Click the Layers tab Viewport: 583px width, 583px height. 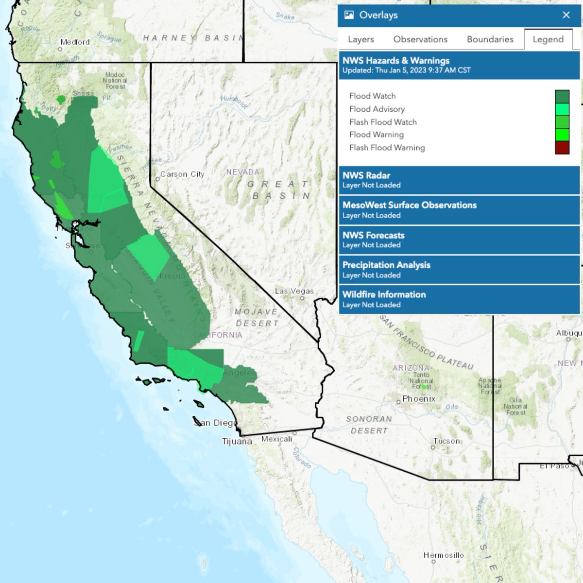pos(360,39)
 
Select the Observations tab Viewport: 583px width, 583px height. pos(420,39)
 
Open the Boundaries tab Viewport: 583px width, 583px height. pos(490,39)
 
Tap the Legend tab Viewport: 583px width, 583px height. pos(548,39)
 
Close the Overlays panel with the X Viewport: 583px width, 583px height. pos(566,15)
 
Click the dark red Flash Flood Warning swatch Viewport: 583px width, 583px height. pos(562,148)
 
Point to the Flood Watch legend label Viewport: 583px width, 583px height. pos(372,96)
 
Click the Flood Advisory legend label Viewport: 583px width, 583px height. pos(377,109)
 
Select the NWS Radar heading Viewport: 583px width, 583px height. pos(366,175)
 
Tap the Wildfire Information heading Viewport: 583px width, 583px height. pos(384,294)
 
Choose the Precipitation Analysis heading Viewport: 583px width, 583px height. pos(386,265)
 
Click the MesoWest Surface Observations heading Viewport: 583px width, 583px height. pos(409,205)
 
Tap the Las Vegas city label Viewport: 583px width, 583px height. pos(294,291)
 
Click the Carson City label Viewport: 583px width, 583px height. pos(182,174)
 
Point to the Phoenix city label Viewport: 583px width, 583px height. pos(419,399)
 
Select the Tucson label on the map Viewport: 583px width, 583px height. pos(446,441)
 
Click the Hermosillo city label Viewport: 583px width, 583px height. pos(444,555)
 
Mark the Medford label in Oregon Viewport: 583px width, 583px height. pos(75,42)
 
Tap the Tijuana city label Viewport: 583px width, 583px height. pos(237,442)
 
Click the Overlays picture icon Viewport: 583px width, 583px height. pos(349,15)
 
